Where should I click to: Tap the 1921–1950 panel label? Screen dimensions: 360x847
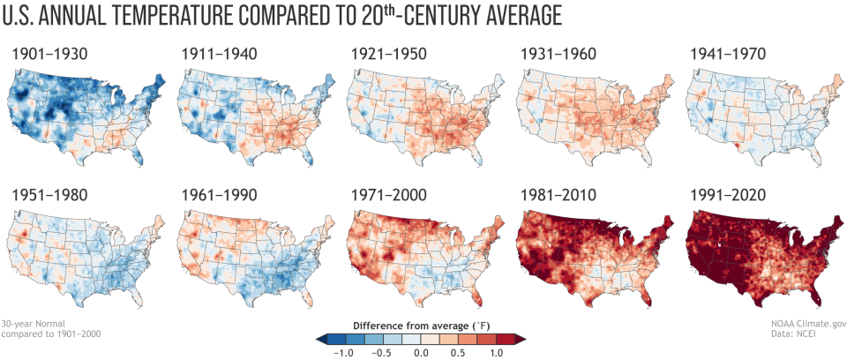click(x=390, y=55)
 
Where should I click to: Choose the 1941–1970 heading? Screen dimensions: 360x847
click(x=729, y=55)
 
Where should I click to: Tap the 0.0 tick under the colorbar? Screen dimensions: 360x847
click(x=422, y=351)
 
